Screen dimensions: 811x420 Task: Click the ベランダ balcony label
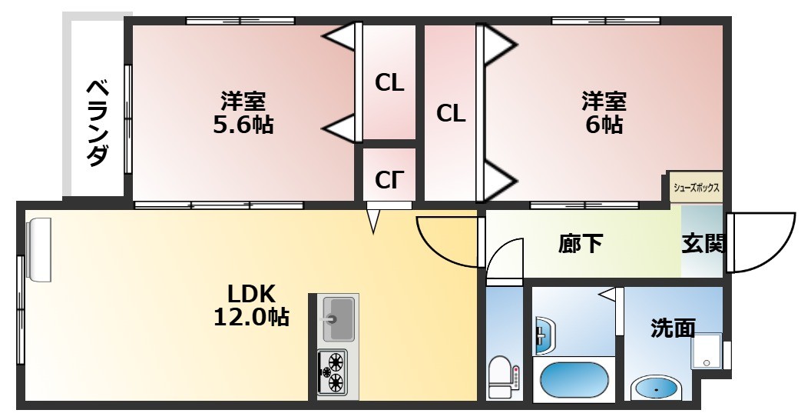click(x=98, y=123)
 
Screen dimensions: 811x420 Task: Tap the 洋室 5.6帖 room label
click(x=243, y=112)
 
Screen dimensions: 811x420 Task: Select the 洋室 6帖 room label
click(x=604, y=112)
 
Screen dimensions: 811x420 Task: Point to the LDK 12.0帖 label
click(x=251, y=305)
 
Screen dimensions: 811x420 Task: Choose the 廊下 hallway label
click(x=581, y=243)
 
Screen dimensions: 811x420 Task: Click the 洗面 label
click(x=673, y=328)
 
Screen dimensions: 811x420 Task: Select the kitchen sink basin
click(x=338, y=319)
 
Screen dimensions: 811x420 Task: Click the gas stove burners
click(x=332, y=372)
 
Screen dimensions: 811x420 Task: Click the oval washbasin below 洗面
click(x=655, y=389)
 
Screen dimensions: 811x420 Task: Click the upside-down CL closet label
click(x=389, y=179)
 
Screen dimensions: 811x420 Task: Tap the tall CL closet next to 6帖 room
click(x=451, y=113)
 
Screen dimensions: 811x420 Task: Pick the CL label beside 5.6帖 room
click(x=389, y=83)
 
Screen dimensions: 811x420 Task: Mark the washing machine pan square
click(x=707, y=350)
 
